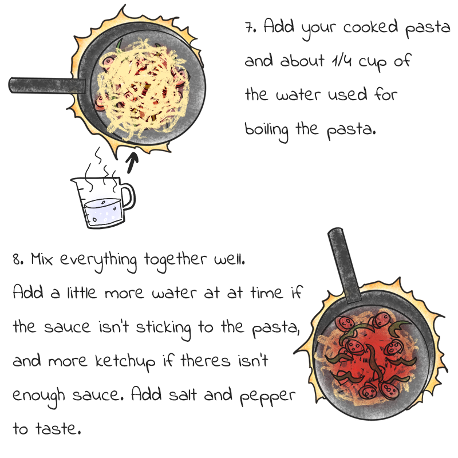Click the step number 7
(x=250, y=27)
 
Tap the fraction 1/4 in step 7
(x=341, y=61)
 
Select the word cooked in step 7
(x=370, y=26)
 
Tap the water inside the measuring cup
(x=103, y=212)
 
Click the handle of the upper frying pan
(x=47, y=85)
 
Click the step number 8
(x=18, y=259)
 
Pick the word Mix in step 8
(x=42, y=259)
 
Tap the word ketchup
(x=125, y=361)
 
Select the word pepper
(x=267, y=396)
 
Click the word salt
(x=183, y=394)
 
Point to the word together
(x=175, y=260)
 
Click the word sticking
(x=163, y=327)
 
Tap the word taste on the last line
(x=58, y=428)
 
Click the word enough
(x=38, y=396)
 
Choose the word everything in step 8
(x=98, y=260)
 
